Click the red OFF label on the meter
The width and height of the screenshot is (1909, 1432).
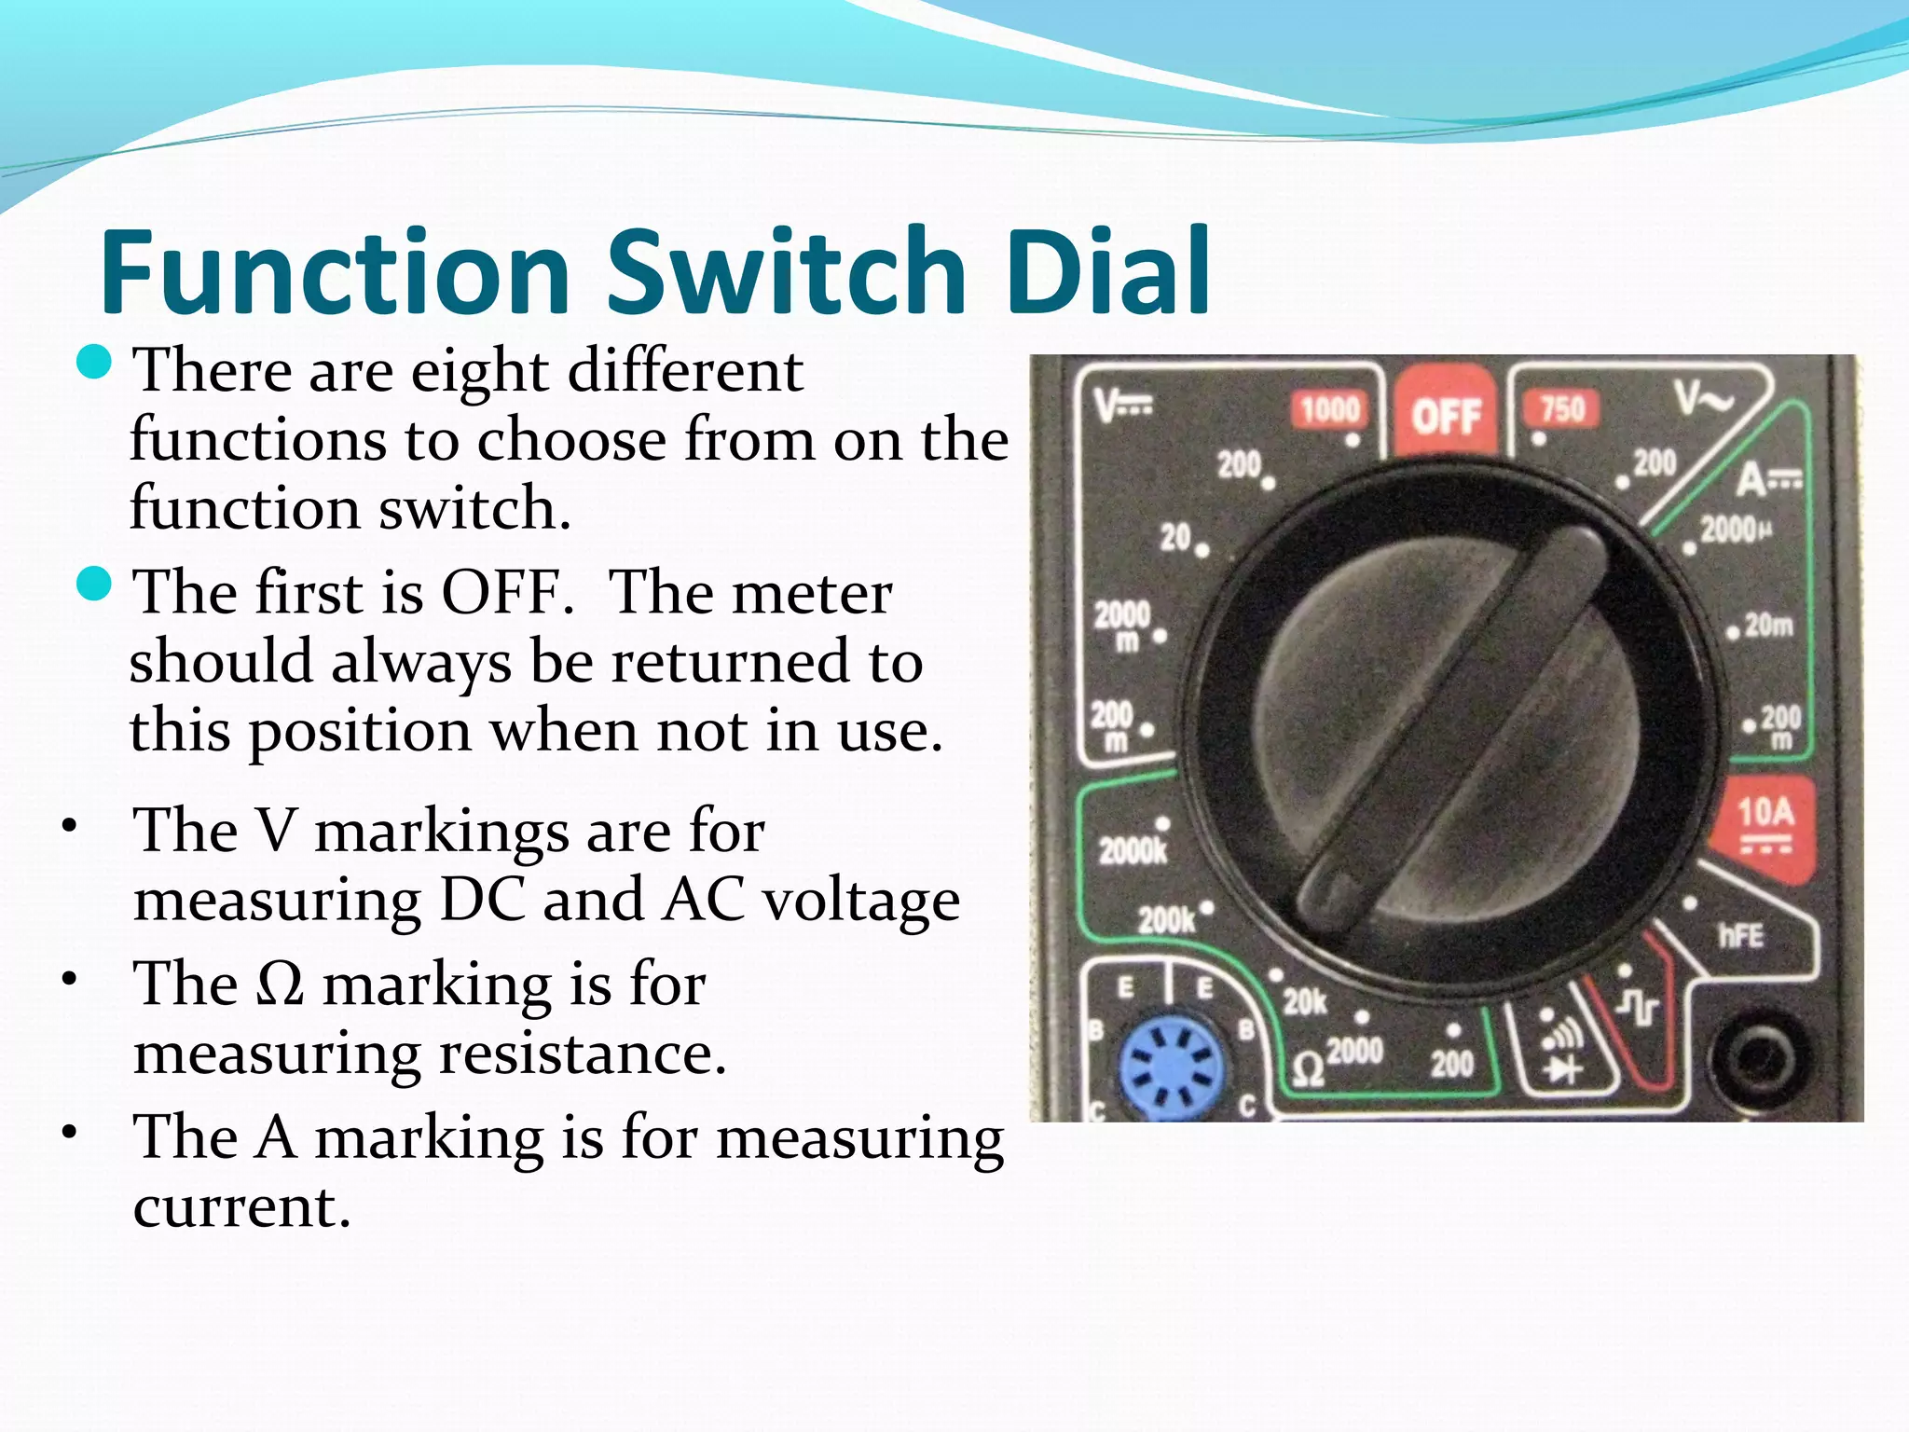click(1446, 415)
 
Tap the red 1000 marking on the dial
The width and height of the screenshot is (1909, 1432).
click(1330, 409)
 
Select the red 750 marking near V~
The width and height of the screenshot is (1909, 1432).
click(1561, 408)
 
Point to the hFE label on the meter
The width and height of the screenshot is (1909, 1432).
click(1741, 935)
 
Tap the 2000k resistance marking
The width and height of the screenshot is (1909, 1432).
click(1132, 850)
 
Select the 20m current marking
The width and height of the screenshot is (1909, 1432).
click(1768, 625)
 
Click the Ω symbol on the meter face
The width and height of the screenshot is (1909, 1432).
click(1309, 1069)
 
